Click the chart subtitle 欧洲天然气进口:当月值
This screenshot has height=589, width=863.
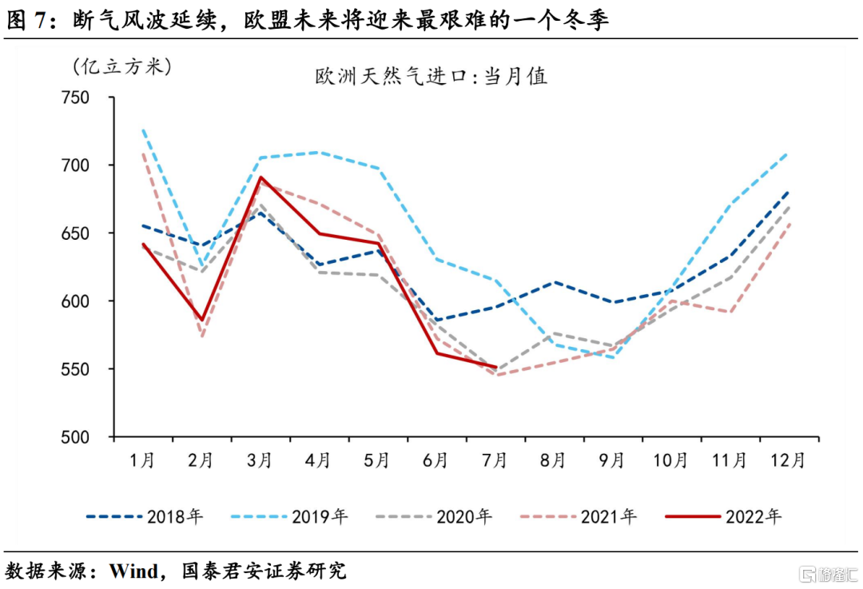coord(431,77)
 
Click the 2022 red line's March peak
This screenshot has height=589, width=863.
coord(261,177)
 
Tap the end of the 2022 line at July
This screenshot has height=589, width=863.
coord(496,368)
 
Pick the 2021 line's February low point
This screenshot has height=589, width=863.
coord(202,336)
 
